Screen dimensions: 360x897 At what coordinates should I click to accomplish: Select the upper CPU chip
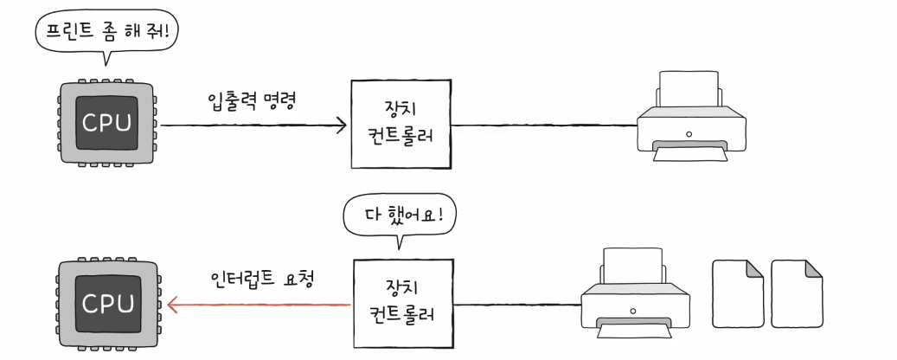point(107,124)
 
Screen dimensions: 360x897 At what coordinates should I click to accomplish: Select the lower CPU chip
point(107,304)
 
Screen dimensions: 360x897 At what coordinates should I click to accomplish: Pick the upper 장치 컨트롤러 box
point(400,125)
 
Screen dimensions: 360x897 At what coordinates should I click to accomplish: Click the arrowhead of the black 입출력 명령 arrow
point(340,125)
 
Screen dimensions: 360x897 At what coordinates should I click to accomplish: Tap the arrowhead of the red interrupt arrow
point(174,304)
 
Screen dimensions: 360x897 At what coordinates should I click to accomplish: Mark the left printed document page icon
point(737,293)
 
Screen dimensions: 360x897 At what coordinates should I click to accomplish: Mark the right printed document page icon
point(798,293)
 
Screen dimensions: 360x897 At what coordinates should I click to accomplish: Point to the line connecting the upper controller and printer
point(543,125)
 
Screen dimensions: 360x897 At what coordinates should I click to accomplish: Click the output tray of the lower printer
point(633,330)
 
